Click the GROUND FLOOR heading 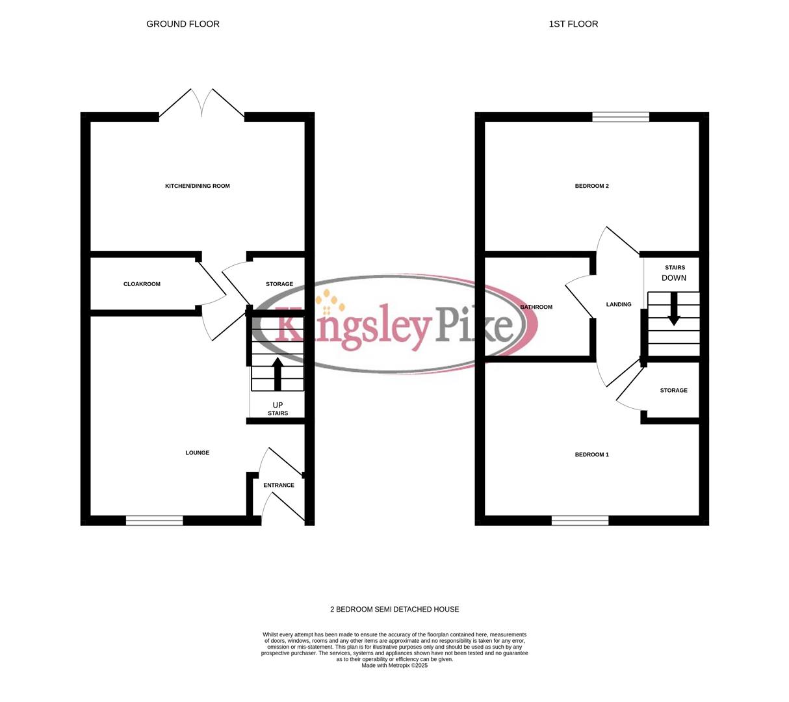click(x=183, y=24)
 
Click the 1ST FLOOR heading click(x=573, y=24)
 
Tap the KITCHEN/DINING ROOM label click(x=198, y=186)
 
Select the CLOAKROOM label click(x=142, y=284)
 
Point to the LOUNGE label click(x=198, y=453)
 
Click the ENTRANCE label click(x=279, y=486)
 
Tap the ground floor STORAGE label click(x=279, y=284)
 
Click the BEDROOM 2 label click(x=592, y=186)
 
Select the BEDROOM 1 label click(x=592, y=455)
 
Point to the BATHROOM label click(x=536, y=307)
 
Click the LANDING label click(x=619, y=304)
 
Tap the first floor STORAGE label click(x=673, y=391)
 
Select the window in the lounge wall click(x=155, y=520)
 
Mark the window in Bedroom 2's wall click(x=621, y=117)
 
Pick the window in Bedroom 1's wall click(x=580, y=520)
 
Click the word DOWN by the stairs click(x=674, y=278)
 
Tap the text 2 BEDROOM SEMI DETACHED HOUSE click(x=394, y=610)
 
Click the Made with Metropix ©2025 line click(x=394, y=666)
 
